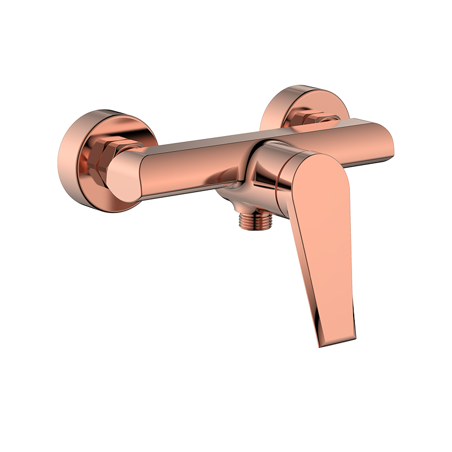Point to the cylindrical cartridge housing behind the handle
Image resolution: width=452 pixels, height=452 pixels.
tap(266, 169)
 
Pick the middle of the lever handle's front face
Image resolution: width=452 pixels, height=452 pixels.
tap(328, 243)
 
